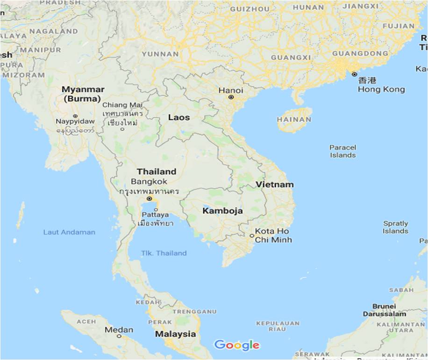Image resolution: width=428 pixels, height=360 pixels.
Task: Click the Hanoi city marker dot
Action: coord(231,98)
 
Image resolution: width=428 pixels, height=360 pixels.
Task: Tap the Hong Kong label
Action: coord(381,89)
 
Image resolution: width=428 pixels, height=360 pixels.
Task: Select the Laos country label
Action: coord(179,117)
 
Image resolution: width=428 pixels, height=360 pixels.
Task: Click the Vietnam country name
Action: coord(275,184)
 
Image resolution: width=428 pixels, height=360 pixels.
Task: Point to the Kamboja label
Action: coord(222,211)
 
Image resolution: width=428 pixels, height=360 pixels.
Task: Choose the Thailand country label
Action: coord(157,171)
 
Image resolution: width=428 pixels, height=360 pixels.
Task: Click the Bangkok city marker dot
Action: coord(149,198)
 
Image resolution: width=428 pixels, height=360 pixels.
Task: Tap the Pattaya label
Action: coord(156,215)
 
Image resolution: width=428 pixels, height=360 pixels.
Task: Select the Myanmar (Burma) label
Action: coord(83,94)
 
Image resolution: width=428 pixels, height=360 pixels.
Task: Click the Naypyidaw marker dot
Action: coord(75,116)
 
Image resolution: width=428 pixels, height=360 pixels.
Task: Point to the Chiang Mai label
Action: coord(122,105)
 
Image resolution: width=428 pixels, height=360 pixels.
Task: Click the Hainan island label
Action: coord(294,120)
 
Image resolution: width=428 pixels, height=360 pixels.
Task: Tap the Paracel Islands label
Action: coord(342,151)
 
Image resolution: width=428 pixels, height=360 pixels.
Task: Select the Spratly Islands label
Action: coord(395,227)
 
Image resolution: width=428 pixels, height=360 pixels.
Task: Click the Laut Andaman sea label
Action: coord(69,232)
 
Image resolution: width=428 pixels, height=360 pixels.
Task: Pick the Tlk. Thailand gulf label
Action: coord(164,253)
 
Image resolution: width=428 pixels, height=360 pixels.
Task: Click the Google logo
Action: coord(236,345)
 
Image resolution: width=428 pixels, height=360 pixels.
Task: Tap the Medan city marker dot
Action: coord(119,336)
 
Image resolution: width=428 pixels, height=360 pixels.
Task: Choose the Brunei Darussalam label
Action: coord(384,310)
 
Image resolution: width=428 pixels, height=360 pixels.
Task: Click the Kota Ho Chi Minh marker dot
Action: coord(252,236)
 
